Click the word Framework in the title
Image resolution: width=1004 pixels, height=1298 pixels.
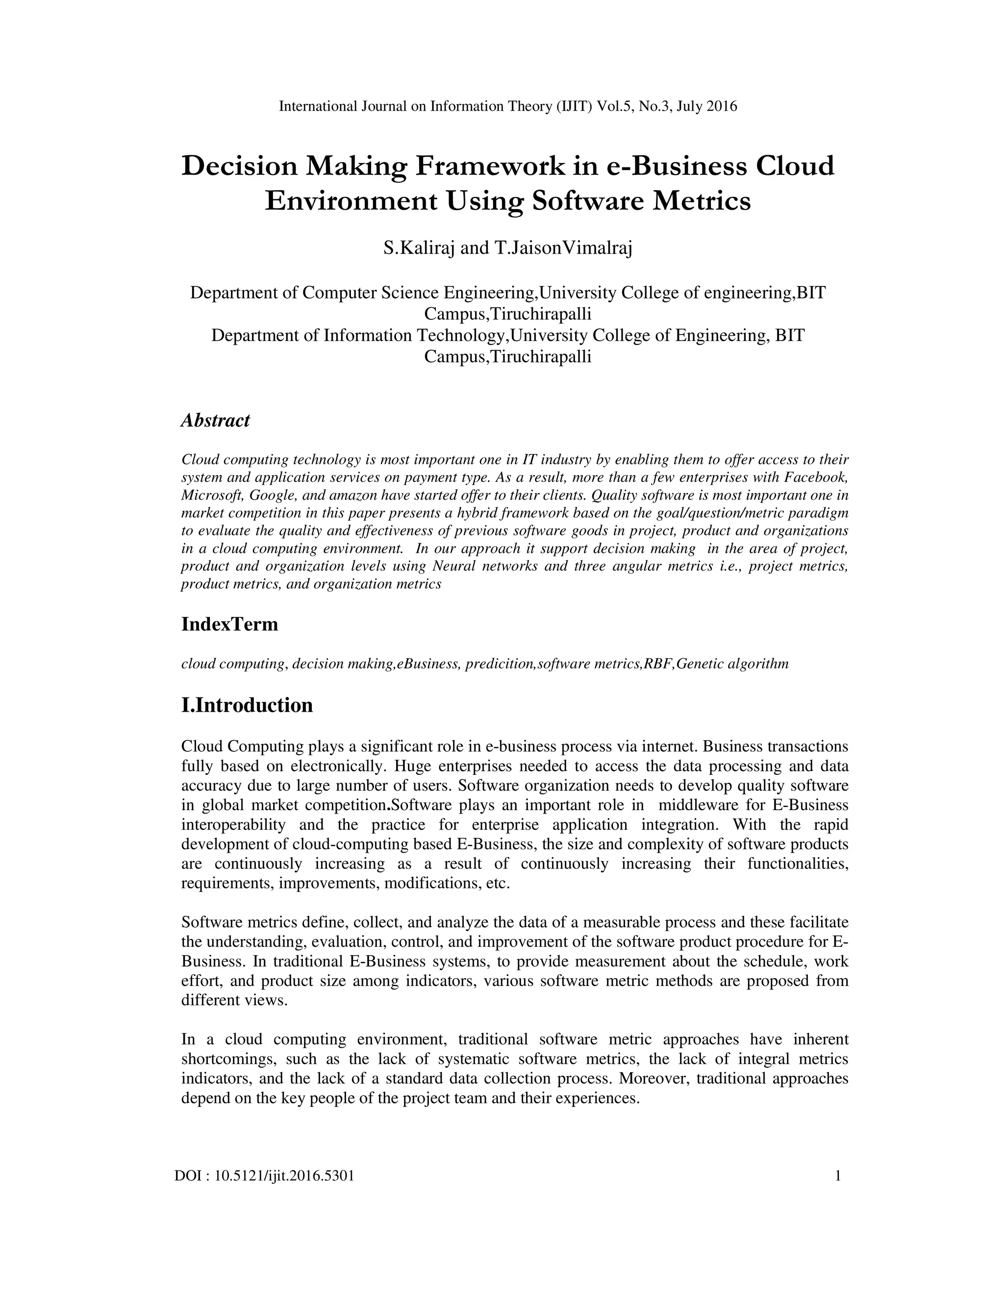coord(489,166)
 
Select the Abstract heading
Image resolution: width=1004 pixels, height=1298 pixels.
coord(215,420)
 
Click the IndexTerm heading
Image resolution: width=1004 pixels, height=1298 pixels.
coord(229,624)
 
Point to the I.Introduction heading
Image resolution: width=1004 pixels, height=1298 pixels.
coord(247,705)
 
